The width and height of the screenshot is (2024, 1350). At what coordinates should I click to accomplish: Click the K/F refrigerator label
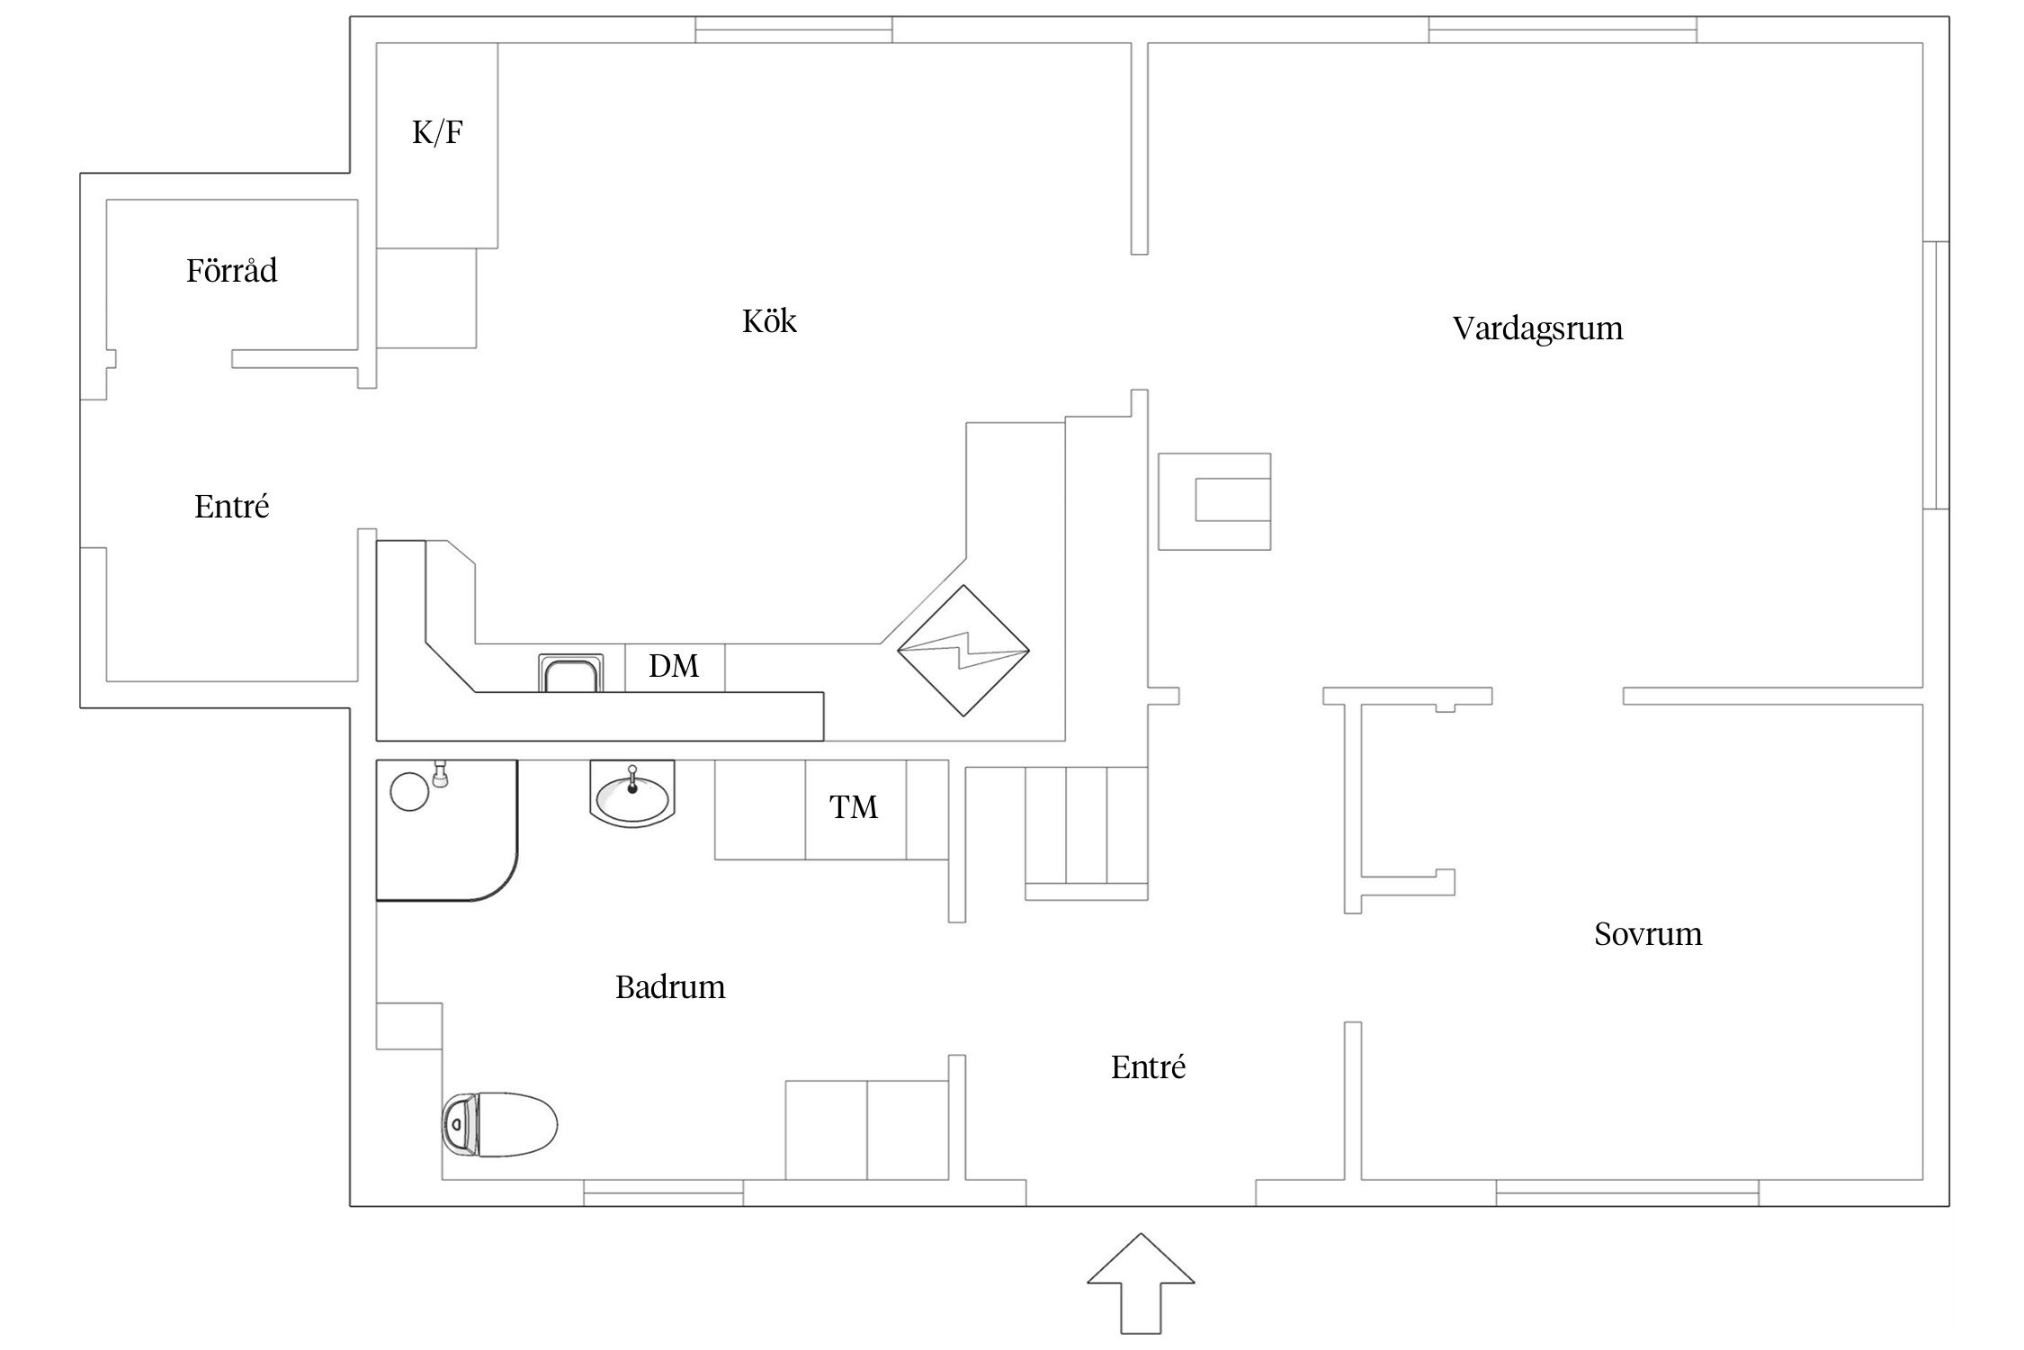tap(437, 133)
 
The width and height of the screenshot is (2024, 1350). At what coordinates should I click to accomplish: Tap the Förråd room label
tap(231, 271)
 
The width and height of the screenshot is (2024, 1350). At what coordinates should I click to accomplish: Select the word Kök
tap(769, 321)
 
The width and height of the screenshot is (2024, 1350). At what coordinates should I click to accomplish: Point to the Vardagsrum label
tap(1537, 328)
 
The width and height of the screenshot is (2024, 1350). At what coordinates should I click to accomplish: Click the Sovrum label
tap(1648, 934)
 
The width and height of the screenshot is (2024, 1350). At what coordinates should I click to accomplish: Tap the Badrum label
tap(670, 987)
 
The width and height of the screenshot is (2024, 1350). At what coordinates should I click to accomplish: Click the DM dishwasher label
tap(674, 667)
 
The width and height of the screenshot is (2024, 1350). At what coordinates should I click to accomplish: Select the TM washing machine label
tap(853, 808)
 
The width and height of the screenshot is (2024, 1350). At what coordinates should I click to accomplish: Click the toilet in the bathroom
tap(500, 1124)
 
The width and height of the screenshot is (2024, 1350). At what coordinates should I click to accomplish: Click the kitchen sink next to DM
tap(570, 674)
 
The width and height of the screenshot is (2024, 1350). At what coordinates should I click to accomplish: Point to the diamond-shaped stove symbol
tap(963, 651)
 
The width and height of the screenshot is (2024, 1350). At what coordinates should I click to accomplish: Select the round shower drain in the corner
tap(409, 791)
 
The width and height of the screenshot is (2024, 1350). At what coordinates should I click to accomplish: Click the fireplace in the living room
tap(1214, 501)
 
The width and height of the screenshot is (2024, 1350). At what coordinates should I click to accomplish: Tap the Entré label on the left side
tap(231, 507)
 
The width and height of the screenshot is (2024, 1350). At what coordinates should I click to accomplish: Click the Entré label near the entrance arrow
tap(1148, 1067)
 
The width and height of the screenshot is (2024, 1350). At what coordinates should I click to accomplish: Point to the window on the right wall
tap(1935, 375)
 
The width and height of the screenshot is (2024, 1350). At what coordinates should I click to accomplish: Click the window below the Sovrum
tap(1626, 1193)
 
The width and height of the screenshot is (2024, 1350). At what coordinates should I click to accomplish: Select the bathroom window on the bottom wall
tap(663, 1193)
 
